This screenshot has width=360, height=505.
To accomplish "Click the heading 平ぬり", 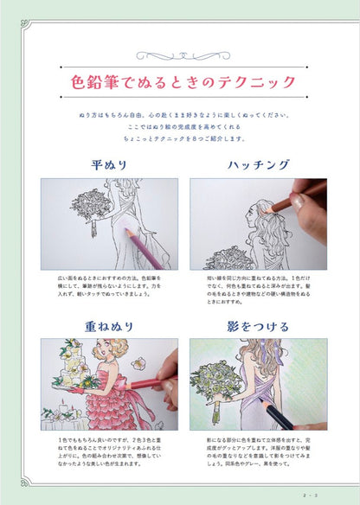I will (x=109, y=165).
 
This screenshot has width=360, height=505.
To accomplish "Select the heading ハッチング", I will (x=258, y=165).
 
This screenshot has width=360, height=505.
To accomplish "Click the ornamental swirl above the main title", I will (x=183, y=56).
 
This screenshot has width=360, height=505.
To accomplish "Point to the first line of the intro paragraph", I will (x=183, y=113).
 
